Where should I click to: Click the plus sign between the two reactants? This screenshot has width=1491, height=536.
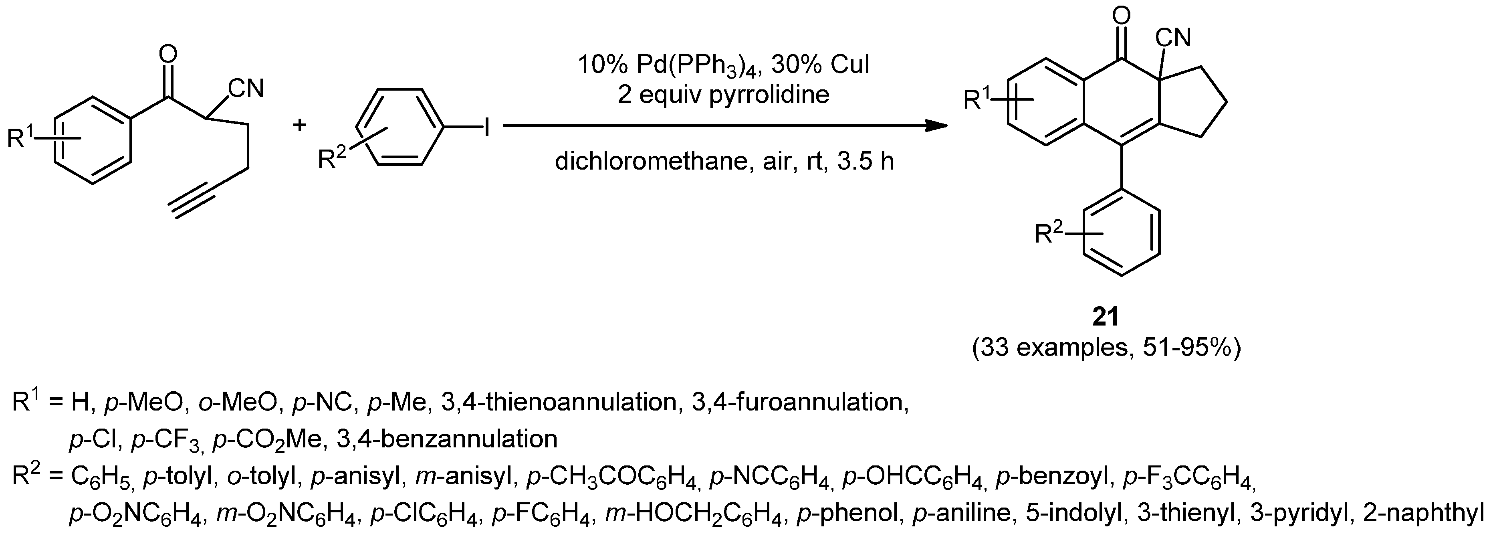299,125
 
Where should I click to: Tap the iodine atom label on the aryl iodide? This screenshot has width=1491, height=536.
487,127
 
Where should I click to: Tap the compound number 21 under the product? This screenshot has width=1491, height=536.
1106,317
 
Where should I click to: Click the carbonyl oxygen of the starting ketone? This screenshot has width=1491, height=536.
168,55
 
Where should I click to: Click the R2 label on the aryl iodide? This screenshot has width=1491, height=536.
332,158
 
